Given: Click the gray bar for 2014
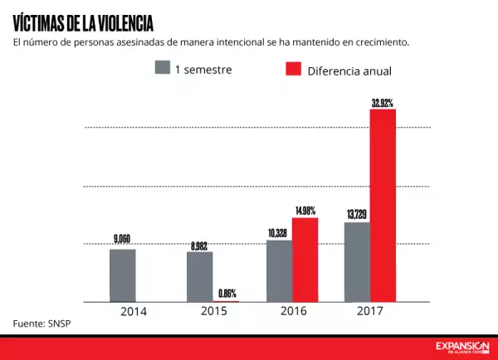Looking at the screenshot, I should pos(122,275).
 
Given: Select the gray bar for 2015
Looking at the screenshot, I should pos(199,276).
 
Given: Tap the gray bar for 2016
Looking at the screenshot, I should pos(279,270).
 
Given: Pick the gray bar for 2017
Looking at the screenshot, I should pos(357,261).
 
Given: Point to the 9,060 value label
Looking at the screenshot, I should pos(122,240).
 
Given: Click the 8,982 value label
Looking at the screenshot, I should pos(199,245).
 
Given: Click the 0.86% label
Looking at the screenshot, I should pos(227,293).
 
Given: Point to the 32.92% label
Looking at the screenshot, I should pos(383,103).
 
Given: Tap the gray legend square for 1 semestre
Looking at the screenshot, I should pos(162,67).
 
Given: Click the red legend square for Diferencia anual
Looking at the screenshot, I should pos(292,69).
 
